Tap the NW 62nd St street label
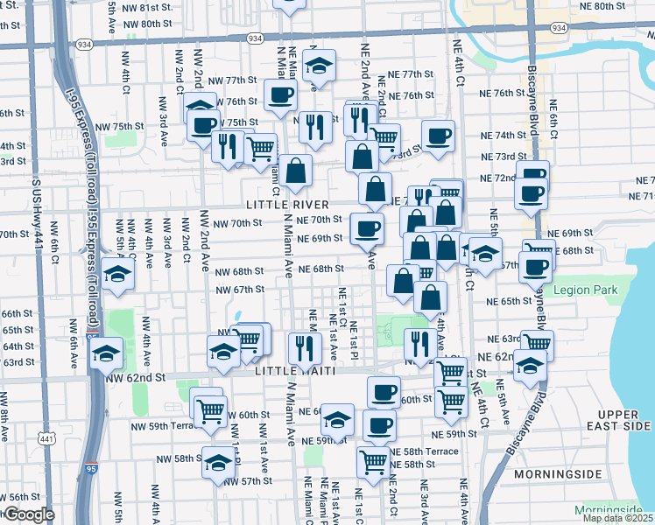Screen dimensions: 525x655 (x=135, y=378)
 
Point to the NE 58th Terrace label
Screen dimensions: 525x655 (x=423, y=451)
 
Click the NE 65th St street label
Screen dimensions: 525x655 (x=510, y=301)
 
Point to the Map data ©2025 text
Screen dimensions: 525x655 (x=616, y=518)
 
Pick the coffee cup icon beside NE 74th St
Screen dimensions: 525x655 (x=439, y=135)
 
